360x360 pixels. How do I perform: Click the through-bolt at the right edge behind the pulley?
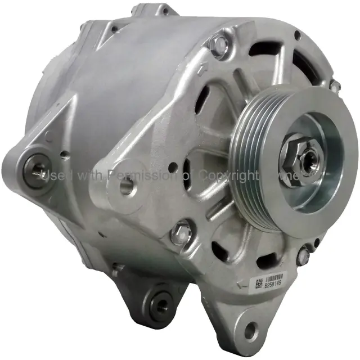(335, 87)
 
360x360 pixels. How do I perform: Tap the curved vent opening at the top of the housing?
(270, 56)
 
